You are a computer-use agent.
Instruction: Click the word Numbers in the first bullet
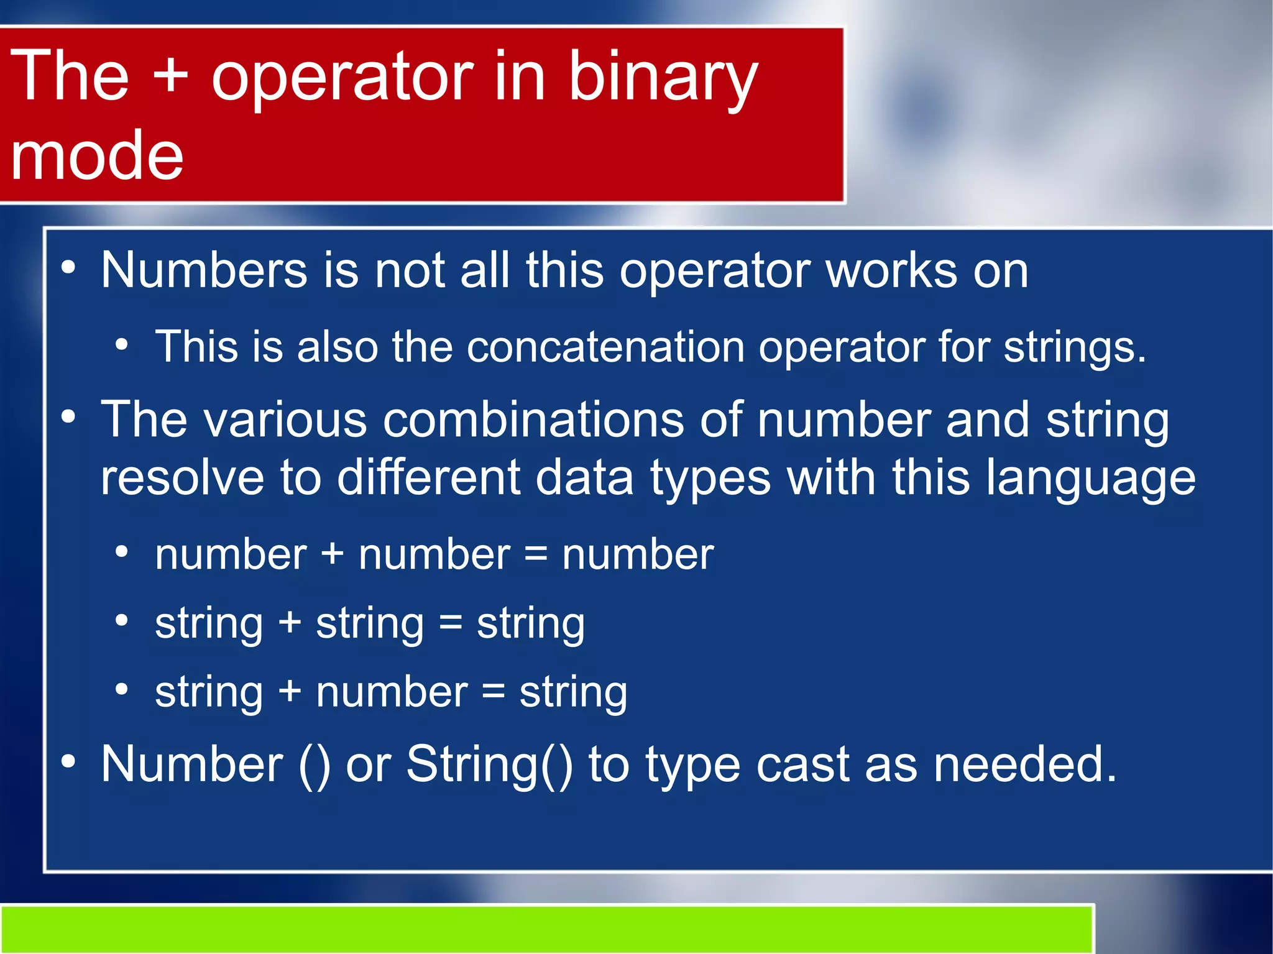pos(204,270)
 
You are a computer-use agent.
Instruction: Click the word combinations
pos(533,420)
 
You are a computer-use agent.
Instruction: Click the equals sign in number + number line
pos(536,555)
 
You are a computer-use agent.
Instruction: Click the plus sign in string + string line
pos(290,623)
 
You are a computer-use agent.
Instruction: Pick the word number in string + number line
pos(392,692)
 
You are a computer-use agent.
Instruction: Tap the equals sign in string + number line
pos(493,692)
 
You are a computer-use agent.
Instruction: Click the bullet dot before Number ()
pos(68,761)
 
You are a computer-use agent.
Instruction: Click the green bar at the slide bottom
pos(547,929)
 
